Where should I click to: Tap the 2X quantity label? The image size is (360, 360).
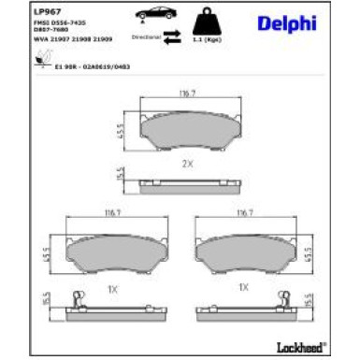[x=187, y=165]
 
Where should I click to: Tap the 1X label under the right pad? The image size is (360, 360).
[x=246, y=286]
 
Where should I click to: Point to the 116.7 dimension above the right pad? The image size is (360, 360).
[x=247, y=213]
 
